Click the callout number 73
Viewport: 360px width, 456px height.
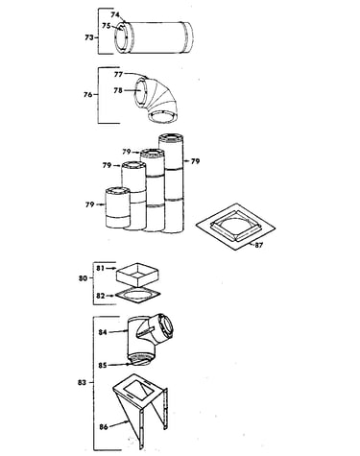coord(89,37)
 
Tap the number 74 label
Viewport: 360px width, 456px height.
coord(115,14)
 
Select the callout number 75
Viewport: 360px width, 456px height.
coord(107,26)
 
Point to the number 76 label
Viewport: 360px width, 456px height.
coord(87,95)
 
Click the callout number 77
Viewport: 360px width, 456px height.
coord(118,74)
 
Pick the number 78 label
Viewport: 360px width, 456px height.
coord(118,90)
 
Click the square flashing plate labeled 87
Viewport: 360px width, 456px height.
coord(235,227)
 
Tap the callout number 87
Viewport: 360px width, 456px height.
coord(258,246)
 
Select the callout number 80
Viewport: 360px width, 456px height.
coord(83,278)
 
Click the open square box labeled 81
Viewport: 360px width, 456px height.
coord(138,275)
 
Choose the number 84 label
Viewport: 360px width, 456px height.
coord(103,332)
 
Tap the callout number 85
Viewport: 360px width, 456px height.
coord(103,365)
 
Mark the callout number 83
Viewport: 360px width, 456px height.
coord(82,382)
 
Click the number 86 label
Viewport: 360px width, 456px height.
coord(104,426)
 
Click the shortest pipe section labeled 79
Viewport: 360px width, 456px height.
coord(118,207)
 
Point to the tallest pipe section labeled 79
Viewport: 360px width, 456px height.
coord(172,183)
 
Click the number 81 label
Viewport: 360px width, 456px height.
coord(101,268)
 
